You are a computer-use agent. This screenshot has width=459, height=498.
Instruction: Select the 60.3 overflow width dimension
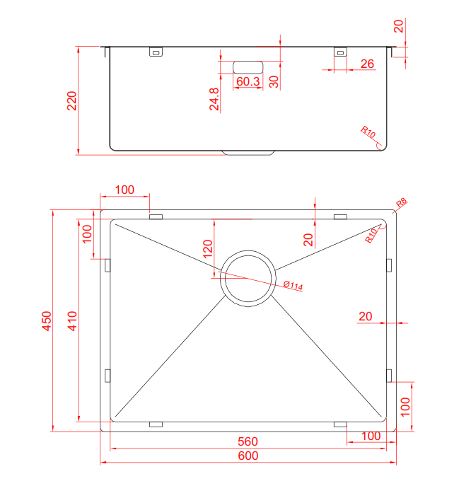(248, 82)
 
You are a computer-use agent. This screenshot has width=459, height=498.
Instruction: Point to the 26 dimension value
(367, 64)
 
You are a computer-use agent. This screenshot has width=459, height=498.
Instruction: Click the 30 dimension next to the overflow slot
(274, 81)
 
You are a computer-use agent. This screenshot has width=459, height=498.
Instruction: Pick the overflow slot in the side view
(248, 67)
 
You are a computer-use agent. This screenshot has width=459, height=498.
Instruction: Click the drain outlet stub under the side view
(248, 152)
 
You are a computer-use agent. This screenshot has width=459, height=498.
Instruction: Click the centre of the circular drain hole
(248, 277)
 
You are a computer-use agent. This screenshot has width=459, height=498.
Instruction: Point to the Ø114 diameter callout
(292, 286)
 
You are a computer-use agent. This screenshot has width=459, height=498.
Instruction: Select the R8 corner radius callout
(401, 204)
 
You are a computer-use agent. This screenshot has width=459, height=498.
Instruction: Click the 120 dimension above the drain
(207, 249)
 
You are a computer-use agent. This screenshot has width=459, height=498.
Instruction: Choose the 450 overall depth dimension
(46, 320)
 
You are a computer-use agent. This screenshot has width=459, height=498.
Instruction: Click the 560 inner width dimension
(248, 441)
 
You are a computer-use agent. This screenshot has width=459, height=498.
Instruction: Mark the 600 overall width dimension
(248, 456)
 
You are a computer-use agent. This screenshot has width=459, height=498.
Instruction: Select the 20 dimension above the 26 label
(398, 26)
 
